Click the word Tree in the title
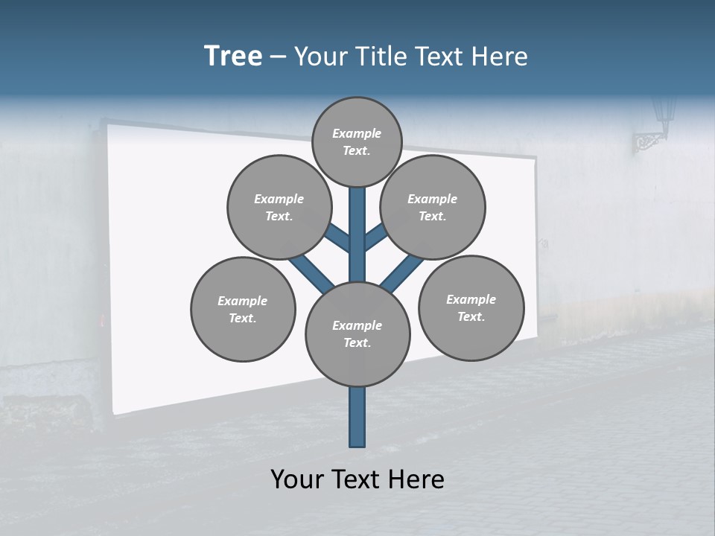(x=233, y=57)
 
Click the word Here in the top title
(x=499, y=57)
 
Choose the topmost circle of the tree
(x=357, y=141)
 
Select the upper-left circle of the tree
(x=279, y=207)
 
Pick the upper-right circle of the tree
(x=433, y=207)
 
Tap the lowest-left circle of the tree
(x=243, y=309)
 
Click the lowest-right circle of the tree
(x=471, y=307)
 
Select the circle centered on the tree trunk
(x=357, y=334)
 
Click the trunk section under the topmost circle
(x=357, y=216)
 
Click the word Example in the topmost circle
(x=357, y=133)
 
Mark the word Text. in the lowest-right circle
(x=471, y=316)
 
